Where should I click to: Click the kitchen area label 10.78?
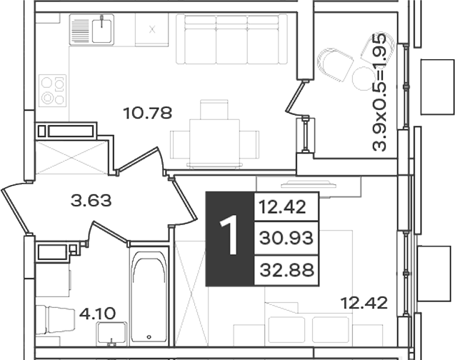pyautogui.click(x=148, y=113)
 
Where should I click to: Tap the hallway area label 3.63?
pyautogui.click(x=91, y=201)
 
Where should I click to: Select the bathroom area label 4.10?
pyautogui.click(x=97, y=314)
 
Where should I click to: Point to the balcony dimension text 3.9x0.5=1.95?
pyautogui.click(x=379, y=92)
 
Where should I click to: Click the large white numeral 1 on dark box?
pyautogui.click(x=229, y=236)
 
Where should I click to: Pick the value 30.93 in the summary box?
pyautogui.click(x=286, y=239)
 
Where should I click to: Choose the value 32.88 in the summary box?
pyautogui.click(x=286, y=270)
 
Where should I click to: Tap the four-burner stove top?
pyautogui.click(x=53, y=91)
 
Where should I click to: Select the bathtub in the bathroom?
pyautogui.click(x=149, y=296)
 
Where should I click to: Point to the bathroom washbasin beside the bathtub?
pyautogui.click(x=112, y=333)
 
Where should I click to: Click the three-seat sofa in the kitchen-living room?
pyautogui.click(x=231, y=39)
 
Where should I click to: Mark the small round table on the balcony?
pyautogui.click(x=362, y=78)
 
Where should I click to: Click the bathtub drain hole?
pyautogui.click(x=149, y=337)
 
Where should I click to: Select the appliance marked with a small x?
pyautogui.click(x=151, y=29)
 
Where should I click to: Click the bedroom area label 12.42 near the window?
pyautogui.click(x=364, y=304)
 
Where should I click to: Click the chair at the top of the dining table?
pyautogui.click(x=214, y=110)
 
